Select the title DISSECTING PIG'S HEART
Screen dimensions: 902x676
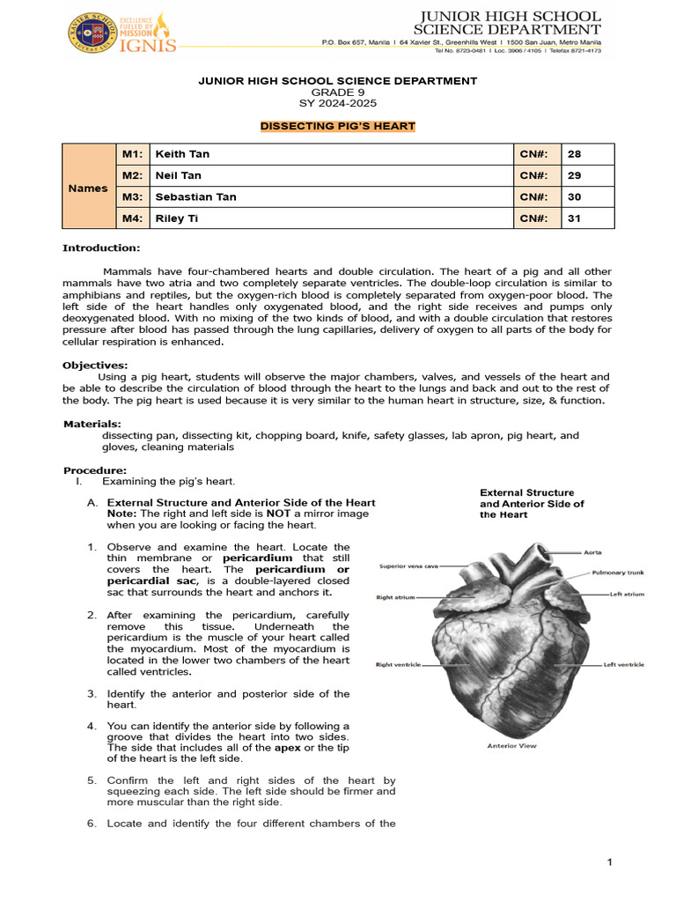click(338, 127)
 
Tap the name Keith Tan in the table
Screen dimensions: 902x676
click(182, 154)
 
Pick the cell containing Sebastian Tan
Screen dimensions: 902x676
click(195, 196)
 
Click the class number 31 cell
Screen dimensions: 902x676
click(575, 218)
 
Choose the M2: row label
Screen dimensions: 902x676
click(132, 175)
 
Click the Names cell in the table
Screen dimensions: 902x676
click(88, 188)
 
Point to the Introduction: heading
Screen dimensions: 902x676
click(100, 248)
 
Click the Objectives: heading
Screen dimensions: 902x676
click(94, 365)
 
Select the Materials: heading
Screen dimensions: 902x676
click(92, 424)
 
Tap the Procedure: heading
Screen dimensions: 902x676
click(94, 470)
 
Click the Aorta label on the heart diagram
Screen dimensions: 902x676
click(593, 552)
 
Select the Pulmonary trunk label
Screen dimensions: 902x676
click(617, 572)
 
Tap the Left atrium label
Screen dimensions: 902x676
click(628, 595)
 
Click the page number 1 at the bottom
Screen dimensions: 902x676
click(609, 861)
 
